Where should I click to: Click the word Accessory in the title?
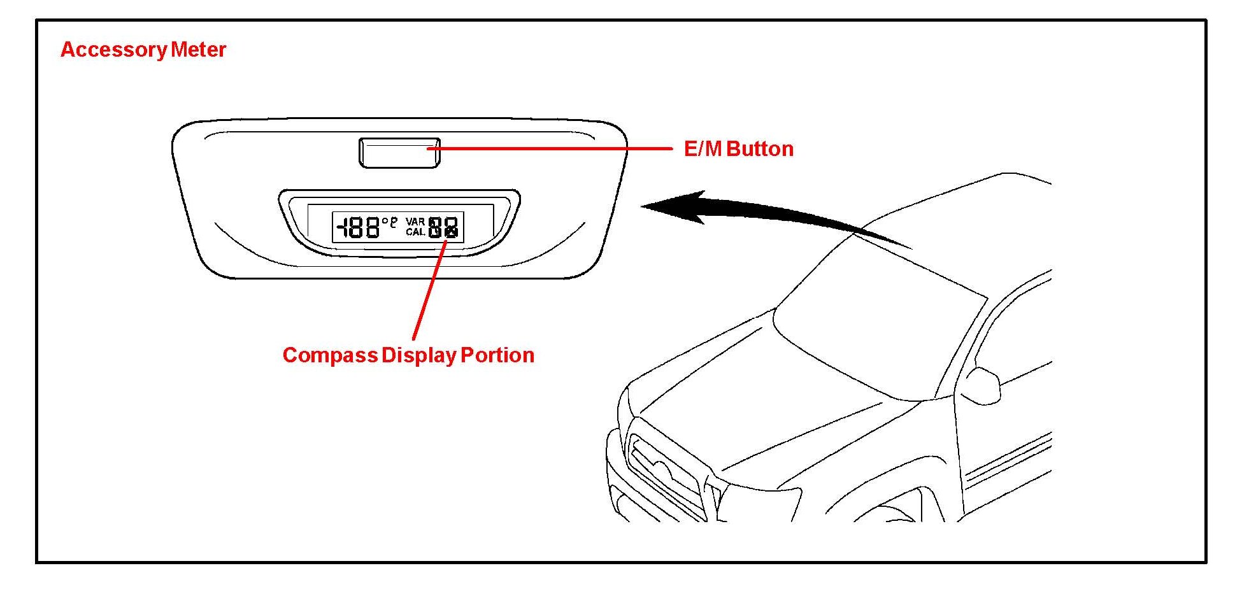(x=113, y=50)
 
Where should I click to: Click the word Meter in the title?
(x=198, y=50)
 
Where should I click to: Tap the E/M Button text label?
(x=738, y=149)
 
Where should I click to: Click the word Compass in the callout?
(x=330, y=355)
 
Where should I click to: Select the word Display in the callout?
(x=418, y=355)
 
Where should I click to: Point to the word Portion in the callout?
(x=497, y=355)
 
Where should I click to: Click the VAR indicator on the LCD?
(x=415, y=222)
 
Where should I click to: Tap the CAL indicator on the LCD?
(x=415, y=232)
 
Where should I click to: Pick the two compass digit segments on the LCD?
(x=443, y=227)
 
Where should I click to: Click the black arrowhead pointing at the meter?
(x=675, y=206)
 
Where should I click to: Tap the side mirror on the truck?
(x=981, y=385)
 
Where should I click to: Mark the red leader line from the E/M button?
(x=548, y=149)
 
